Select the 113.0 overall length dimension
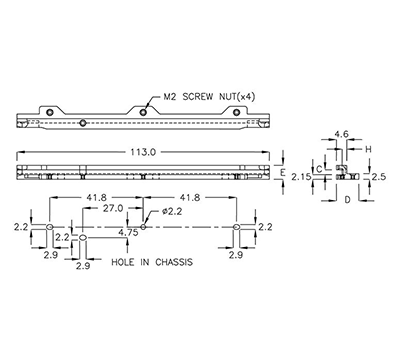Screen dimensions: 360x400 click(143, 153)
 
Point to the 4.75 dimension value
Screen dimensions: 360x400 click(127, 233)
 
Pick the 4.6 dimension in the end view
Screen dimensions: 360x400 click(340, 133)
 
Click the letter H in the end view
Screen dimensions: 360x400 click(368, 150)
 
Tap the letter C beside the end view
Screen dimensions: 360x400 click(319, 171)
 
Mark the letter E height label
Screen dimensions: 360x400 click(283, 173)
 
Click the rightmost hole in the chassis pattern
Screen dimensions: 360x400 click(238, 229)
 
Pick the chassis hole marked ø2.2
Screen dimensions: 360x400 click(144, 227)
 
